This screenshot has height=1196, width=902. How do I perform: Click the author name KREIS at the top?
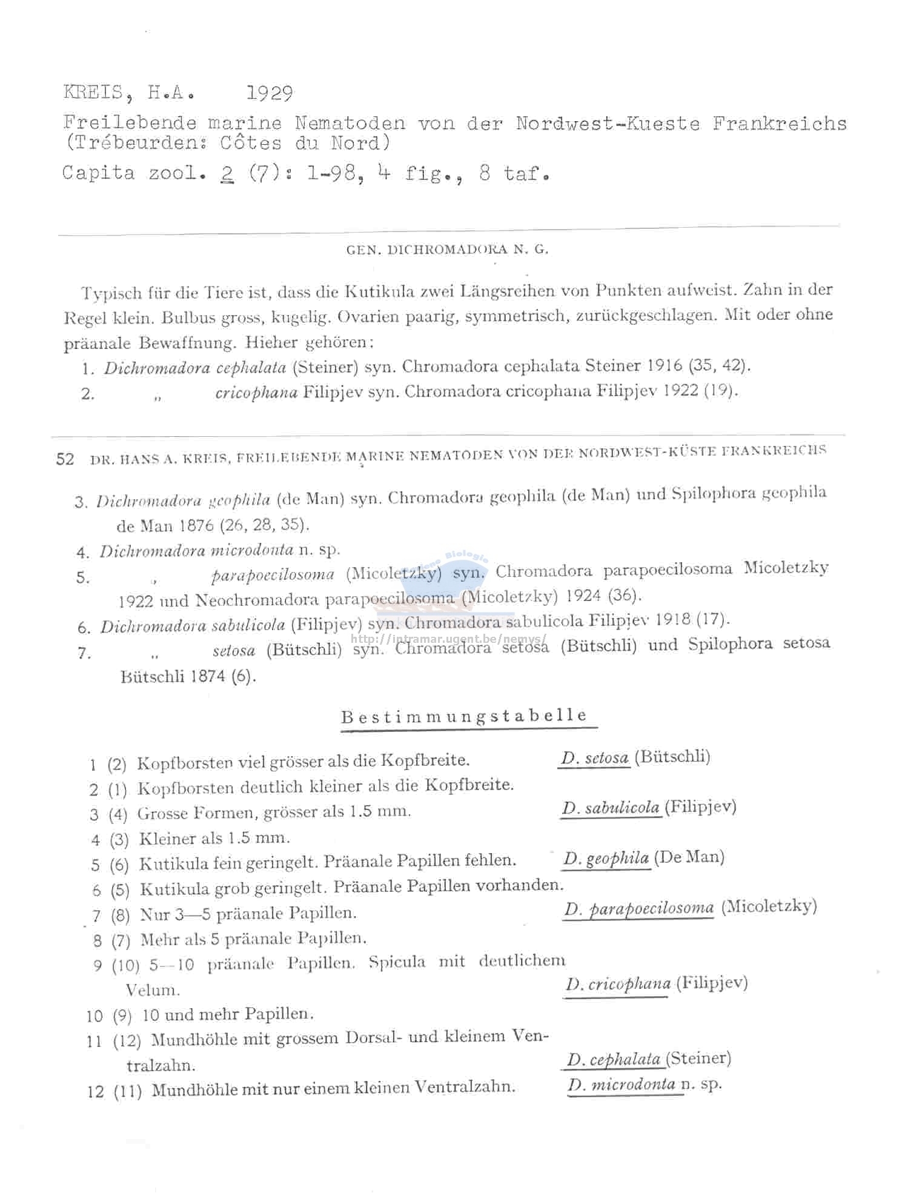pos(93,93)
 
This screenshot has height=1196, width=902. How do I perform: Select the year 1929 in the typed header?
pos(270,93)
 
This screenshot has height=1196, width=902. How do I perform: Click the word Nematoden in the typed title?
pos(350,123)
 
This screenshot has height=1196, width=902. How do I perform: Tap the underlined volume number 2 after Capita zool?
pos(227,173)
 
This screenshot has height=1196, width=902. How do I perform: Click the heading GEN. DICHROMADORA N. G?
pos(447,250)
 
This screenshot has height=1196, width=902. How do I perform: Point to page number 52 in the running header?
pos(65,459)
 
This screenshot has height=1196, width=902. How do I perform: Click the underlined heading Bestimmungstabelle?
pos(464,716)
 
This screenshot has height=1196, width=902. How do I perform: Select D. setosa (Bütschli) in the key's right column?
pos(635,757)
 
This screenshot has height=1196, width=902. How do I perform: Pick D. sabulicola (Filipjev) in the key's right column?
pos(648,808)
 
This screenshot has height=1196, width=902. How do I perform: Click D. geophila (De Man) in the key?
pos(643,858)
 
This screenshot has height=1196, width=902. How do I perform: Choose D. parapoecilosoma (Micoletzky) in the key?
pos(690,908)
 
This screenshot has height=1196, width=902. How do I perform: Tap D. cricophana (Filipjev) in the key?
pos(656,983)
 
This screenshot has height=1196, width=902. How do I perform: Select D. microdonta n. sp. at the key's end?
pos(644,1085)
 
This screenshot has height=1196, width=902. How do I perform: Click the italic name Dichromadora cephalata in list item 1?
pos(194,368)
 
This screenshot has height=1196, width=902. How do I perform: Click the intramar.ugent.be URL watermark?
pos(448,639)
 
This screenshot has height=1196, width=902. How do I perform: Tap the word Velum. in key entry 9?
pos(153,990)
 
